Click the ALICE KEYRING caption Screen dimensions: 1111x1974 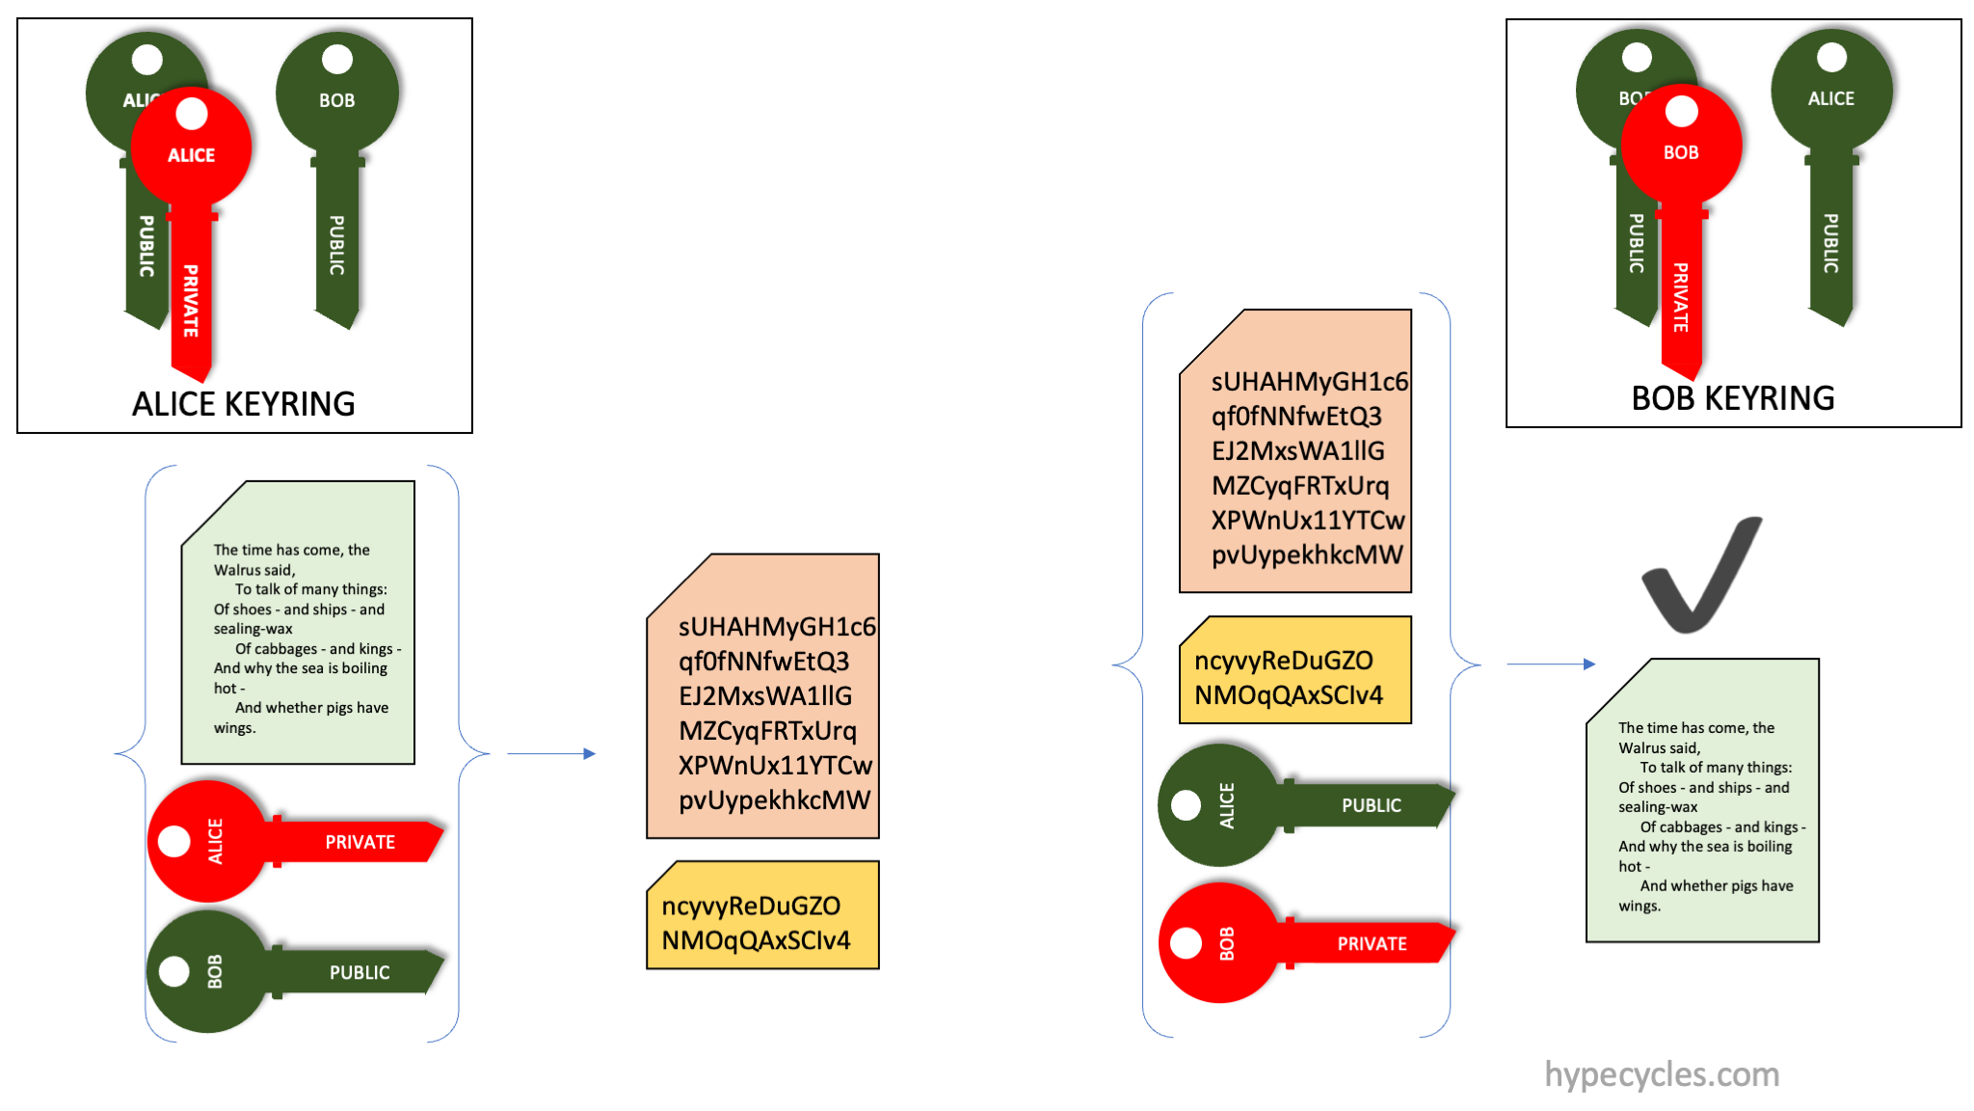click(x=243, y=404)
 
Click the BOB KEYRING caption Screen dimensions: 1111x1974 click(x=1732, y=398)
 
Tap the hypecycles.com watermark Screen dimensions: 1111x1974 click(x=1662, y=1074)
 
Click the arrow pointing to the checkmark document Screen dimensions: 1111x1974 click(x=1550, y=664)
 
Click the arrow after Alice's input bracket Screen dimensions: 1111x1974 click(x=550, y=753)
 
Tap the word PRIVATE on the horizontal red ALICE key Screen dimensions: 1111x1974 click(x=360, y=842)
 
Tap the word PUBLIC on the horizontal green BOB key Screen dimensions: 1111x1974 click(x=360, y=972)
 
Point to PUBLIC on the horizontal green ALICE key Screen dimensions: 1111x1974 click(x=1371, y=805)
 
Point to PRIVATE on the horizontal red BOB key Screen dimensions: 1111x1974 click(x=1372, y=943)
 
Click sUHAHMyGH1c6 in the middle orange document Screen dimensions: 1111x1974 click(x=777, y=627)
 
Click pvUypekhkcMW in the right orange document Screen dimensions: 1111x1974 click(x=1307, y=555)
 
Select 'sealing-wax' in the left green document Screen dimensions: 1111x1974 click(x=253, y=629)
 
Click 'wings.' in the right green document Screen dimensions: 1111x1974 click(x=1639, y=906)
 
